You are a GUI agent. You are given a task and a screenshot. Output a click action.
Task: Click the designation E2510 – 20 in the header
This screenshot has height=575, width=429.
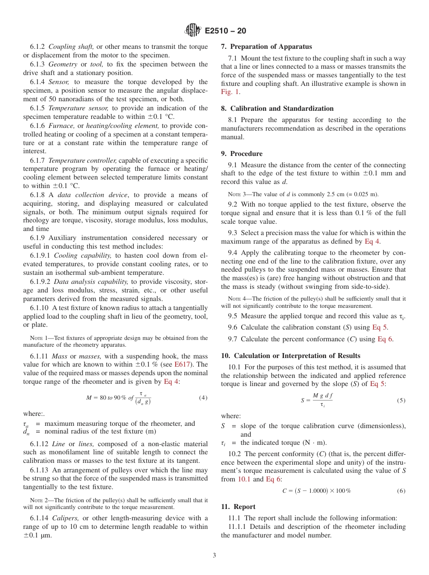pyautogui.click(x=225, y=31)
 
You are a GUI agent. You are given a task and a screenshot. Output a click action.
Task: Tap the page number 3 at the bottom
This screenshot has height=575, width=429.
pyautogui.click(x=214, y=555)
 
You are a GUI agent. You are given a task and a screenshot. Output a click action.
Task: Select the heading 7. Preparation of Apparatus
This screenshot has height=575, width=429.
pyautogui.click(x=266, y=47)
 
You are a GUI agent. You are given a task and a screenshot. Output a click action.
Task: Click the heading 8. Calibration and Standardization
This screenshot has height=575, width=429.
pyautogui.click(x=277, y=108)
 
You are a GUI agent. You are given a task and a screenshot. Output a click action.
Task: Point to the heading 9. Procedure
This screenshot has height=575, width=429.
pyautogui.click(x=242, y=154)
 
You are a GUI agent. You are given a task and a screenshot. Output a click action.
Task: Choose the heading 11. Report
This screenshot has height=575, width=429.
pyautogui.click(x=238, y=507)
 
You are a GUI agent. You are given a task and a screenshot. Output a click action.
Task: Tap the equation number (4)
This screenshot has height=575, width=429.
pyautogui.click(x=203, y=398)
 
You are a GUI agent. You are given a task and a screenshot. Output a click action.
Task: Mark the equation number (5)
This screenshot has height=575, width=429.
pyautogui.click(x=401, y=400)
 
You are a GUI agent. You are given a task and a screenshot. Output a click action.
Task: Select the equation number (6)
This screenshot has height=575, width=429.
pyautogui.click(x=401, y=491)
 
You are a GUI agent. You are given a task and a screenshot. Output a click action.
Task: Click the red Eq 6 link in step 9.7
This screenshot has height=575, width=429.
pyautogui.click(x=385, y=339)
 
